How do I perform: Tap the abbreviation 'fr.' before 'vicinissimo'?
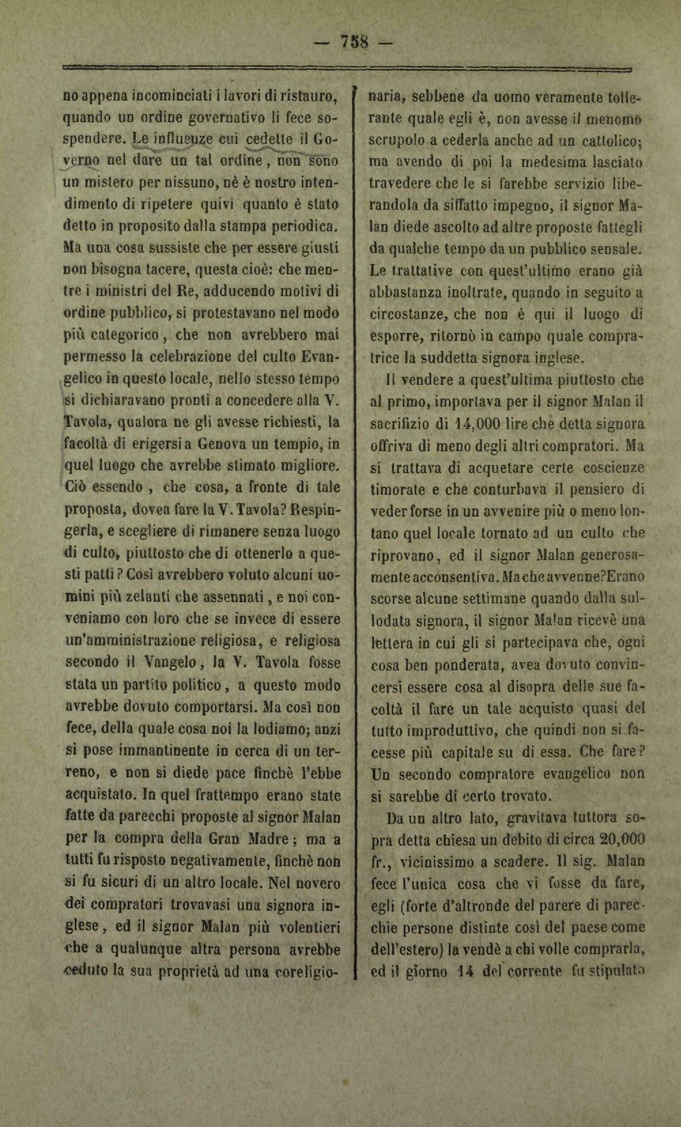click(x=380, y=863)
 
